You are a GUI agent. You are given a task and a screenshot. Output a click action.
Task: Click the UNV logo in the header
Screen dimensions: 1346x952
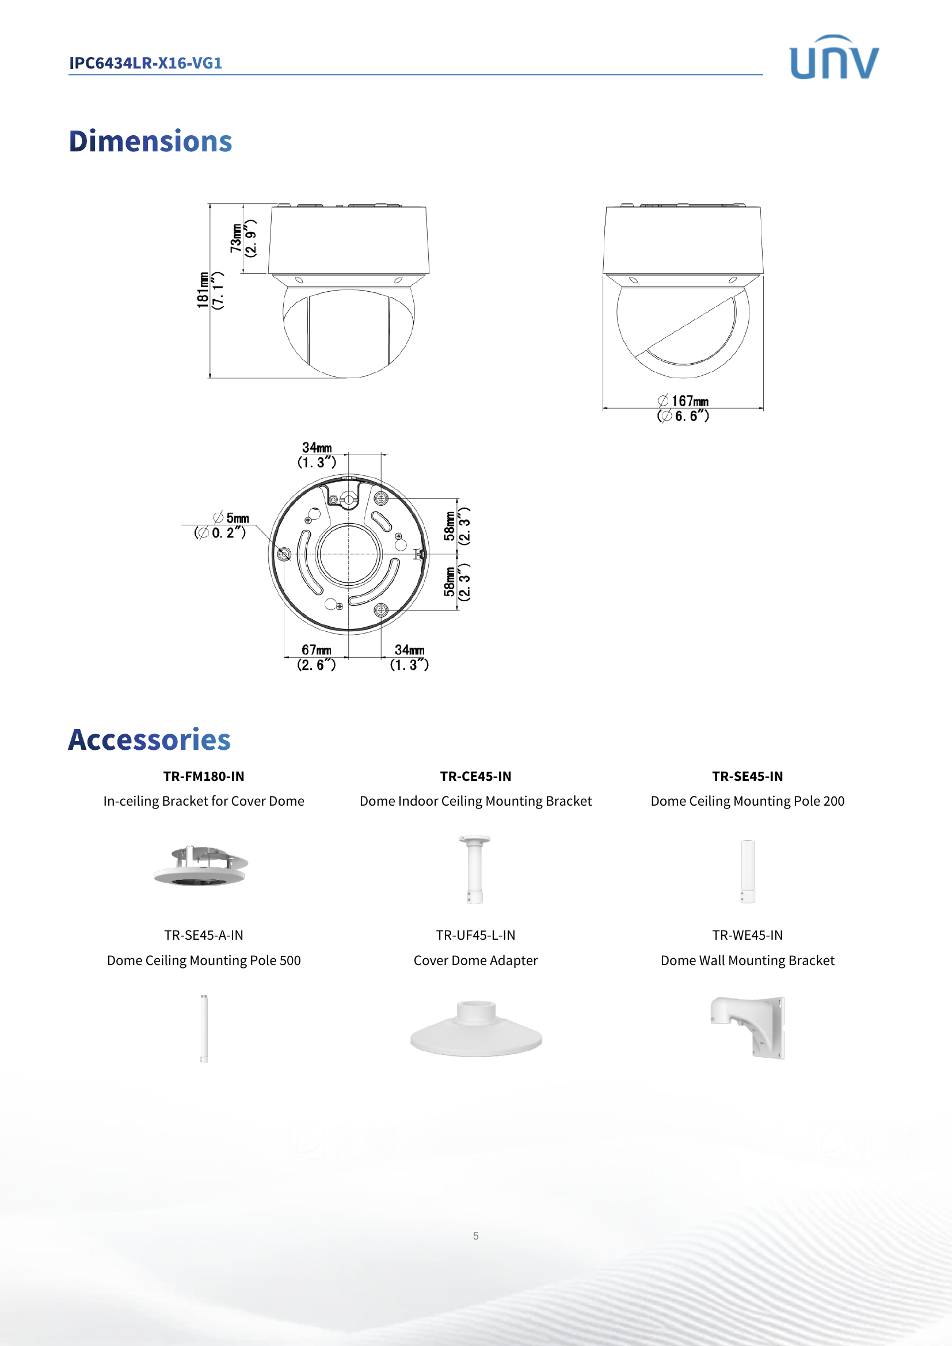click(833, 58)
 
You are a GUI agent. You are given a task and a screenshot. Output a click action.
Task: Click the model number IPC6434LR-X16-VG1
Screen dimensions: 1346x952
click(146, 63)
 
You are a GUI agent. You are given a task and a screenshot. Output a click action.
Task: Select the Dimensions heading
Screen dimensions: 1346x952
click(150, 142)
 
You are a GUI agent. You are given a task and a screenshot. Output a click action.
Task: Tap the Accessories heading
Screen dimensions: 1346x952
click(149, 739)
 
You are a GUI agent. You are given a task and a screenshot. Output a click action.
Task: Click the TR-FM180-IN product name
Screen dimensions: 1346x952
click(203, 776)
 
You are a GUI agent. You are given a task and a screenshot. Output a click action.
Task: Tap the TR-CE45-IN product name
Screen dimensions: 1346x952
click(475, 776)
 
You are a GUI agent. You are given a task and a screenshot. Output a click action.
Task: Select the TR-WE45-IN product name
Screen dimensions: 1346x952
click(748, 935)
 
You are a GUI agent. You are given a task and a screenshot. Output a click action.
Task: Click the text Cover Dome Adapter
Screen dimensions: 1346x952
click(475, 960)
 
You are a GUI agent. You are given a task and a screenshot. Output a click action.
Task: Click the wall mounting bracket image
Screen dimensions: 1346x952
click(749, 1027)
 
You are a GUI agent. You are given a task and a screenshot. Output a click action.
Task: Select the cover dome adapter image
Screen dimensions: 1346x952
click(475, 1030)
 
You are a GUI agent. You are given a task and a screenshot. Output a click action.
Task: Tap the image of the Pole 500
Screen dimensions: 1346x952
click(203, 1028)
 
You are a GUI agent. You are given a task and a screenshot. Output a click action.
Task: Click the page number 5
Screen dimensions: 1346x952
click(475, 1236)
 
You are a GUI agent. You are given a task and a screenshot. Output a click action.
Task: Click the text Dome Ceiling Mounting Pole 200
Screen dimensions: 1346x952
click(748, 801)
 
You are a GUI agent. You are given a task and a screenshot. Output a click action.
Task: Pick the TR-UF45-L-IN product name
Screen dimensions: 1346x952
click(475, 935)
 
